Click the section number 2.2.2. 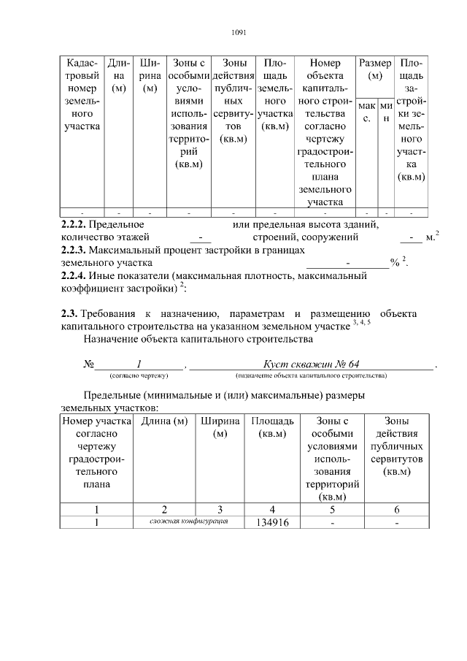[74, 224]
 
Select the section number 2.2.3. [74, 250]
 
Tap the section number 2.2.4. [74, 276]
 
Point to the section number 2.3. [70, 313]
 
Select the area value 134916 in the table [272, 523]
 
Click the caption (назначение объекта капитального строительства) [311, 375]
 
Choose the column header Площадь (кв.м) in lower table [272, 428]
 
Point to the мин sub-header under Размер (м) [386, 112]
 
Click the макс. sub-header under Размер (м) [366, 112]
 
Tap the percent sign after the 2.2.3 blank [394, 263]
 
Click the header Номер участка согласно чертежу [96, 452]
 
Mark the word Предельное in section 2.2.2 [117, 224]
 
